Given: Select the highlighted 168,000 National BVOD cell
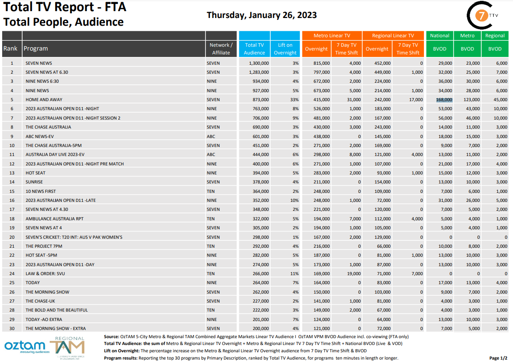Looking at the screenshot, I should click(x=444, y=99).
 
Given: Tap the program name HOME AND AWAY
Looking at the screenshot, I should click(x=39, y=99).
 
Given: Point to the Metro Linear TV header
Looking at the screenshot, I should click(x=332, y=36).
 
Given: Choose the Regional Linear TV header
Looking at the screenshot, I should click(x=393, y=36).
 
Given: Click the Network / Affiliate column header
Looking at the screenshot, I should click(x=221, y=49).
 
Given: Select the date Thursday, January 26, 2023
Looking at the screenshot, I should click(x=262, y=15).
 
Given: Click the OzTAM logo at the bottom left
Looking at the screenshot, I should click(x=25, y=346).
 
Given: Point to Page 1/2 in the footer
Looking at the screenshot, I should click(x=498, y=358).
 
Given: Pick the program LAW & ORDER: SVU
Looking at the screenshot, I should click(x=45, y=273).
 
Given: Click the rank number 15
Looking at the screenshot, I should click(x=12, y=191).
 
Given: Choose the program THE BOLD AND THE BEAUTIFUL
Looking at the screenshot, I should click(x=57, y=310).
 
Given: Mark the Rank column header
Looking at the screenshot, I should click(x=11, y=48).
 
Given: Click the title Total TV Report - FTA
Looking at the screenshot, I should click(x=65, y=7).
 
